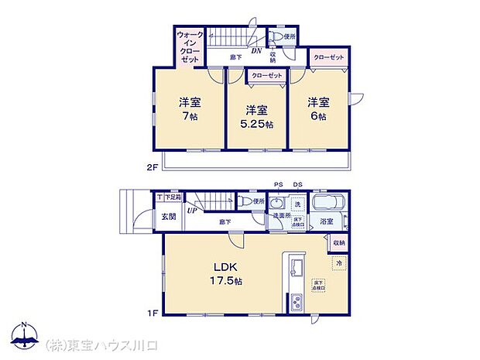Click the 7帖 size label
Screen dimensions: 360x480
coord(186,118)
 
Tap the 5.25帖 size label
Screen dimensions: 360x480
coord(255,125)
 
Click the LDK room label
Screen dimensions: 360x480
coord(225,268)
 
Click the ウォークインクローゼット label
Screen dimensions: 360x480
coord(190,46)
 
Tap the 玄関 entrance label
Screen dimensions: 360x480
coord(170,217)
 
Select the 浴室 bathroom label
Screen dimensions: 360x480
coord(327,221)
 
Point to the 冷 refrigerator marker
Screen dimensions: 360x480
coord(338,264)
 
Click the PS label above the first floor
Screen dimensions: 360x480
coord(278,184)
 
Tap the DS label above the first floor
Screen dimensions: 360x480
coord(298,184)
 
